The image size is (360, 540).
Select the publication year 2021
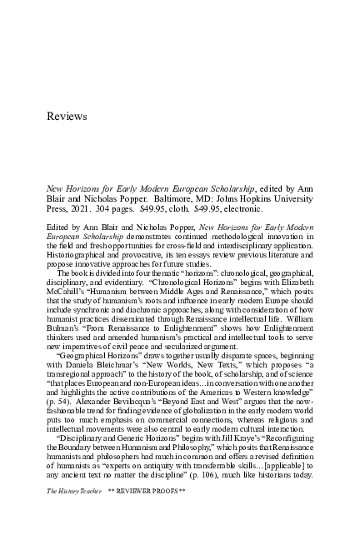point(86,209)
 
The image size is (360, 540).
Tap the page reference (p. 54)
point(59,394)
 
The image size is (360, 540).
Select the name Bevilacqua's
point(124,394)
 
